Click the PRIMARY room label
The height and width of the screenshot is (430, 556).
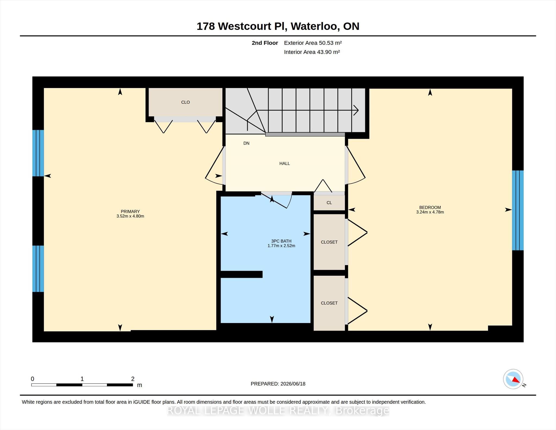point(130,211)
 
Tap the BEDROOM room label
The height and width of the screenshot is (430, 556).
point(430,207)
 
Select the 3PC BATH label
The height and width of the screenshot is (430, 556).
point(281,241)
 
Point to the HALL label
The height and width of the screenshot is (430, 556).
point(285,163)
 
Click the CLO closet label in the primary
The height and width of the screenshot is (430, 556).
point(185,102)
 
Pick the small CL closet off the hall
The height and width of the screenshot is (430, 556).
point(329,203)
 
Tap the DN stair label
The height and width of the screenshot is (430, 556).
point(246,143)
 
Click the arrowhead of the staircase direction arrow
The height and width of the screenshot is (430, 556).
point(356,110)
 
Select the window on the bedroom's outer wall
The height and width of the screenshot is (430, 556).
point(518,210)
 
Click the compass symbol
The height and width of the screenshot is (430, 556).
point(513,379)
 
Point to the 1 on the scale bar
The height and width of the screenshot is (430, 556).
point(82,379)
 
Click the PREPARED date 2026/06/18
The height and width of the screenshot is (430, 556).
point(293,384)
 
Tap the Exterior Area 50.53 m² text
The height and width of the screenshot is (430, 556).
point(313,43)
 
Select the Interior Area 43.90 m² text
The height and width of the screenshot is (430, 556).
point(312,52)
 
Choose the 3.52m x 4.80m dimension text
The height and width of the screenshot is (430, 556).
point(130,216)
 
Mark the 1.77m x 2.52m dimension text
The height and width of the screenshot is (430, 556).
point(281,246)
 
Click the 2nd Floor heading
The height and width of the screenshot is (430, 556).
point(265,43)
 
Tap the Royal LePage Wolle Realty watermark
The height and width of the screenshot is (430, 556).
point(278,410)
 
